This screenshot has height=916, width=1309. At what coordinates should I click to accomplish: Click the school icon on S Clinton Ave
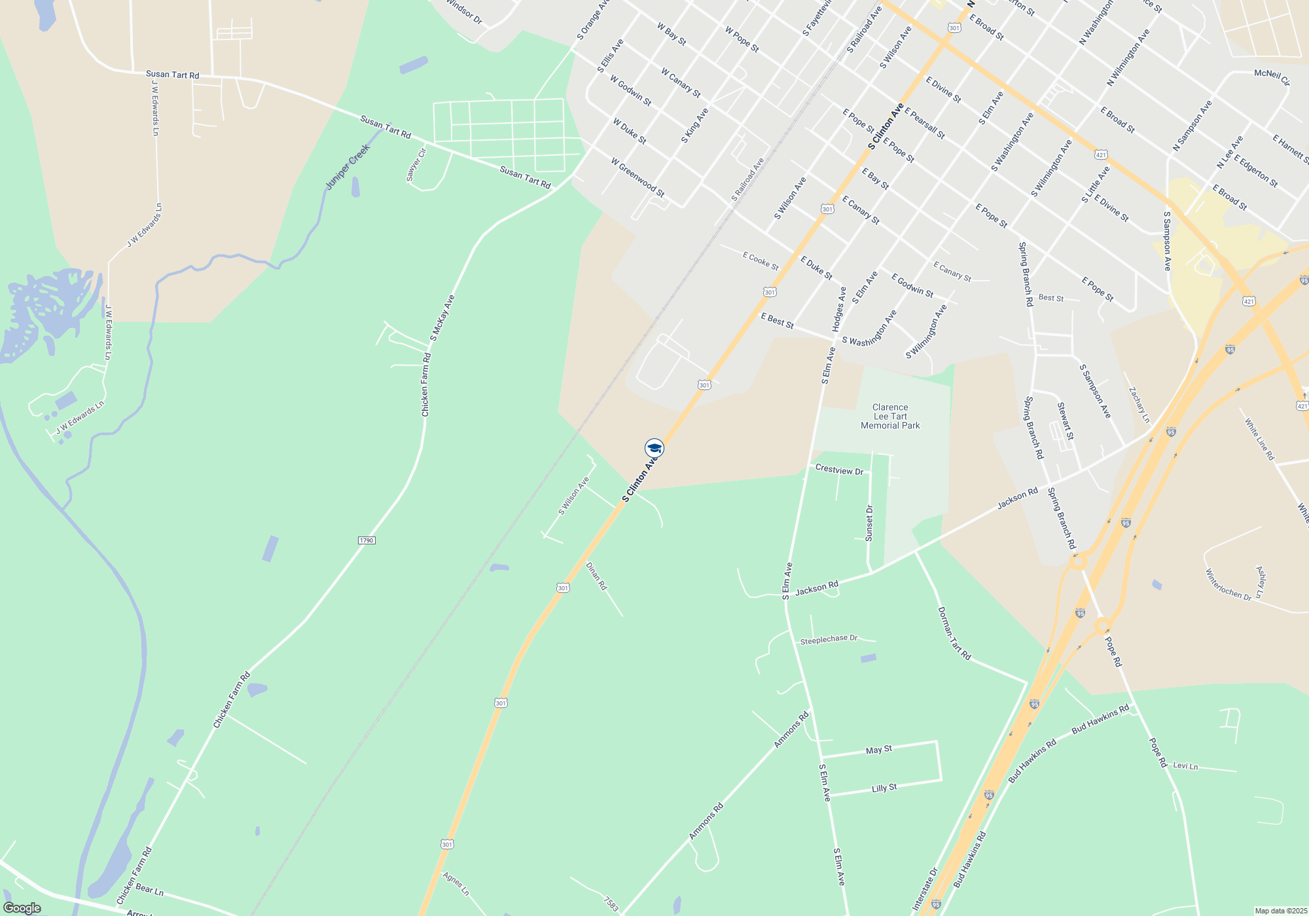654,448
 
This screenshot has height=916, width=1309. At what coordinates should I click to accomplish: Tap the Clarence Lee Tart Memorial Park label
890,416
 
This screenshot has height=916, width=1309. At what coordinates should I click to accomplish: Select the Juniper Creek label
348,167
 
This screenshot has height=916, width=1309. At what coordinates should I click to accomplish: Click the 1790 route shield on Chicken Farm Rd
367,540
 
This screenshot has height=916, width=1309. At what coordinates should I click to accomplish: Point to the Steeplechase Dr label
829,639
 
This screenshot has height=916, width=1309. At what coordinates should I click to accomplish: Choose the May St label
878,750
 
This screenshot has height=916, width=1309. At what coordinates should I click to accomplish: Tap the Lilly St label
884,788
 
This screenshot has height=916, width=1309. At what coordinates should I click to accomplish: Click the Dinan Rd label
596,576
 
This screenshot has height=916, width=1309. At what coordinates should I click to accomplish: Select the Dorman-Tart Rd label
954,633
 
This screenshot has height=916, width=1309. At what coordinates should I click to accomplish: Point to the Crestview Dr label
839,470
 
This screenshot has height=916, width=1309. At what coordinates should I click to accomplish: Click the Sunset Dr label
869,523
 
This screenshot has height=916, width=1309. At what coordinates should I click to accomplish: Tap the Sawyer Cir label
416,164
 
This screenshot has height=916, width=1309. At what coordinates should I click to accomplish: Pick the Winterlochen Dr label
1228,585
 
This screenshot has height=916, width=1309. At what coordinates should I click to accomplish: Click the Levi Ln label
1185,766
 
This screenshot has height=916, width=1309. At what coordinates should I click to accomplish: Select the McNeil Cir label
1272,77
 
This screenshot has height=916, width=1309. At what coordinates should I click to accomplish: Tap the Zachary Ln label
1139,404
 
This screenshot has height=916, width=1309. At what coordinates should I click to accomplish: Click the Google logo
22,908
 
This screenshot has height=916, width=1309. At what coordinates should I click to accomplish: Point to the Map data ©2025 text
1280,911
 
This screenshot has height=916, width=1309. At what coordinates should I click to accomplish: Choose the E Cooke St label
761,261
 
